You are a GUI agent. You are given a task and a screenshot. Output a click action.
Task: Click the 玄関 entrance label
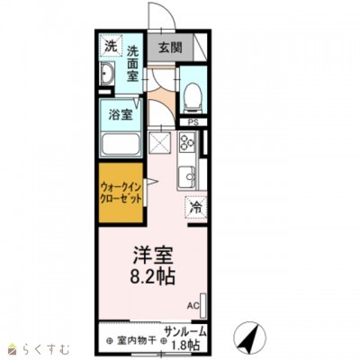click(170, 47)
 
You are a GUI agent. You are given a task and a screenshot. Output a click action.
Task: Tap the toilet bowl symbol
click(193, 96)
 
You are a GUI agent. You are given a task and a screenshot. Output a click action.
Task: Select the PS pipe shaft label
click(193, 122)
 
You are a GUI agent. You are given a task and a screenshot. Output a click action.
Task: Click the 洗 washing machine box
click(112, 46)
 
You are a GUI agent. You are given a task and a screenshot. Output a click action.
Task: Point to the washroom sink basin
click(106, 74)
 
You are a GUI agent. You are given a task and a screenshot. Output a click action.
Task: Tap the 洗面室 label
click(132, 64)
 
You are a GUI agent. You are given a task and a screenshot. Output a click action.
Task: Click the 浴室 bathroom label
click(121, 115)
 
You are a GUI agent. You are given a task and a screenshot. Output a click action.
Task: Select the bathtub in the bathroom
click(121, 145)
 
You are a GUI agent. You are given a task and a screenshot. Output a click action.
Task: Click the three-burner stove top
click(187, 141)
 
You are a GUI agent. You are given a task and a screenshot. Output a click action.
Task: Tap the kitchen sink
click(186, 176)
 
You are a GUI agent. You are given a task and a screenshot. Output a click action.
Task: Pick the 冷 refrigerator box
click(196, 207)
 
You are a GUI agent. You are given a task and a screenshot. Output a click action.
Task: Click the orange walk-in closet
click(121, 193)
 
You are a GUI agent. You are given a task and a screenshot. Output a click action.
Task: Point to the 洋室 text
click(153, 256)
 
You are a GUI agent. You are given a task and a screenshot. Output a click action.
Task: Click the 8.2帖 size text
click(153, 276)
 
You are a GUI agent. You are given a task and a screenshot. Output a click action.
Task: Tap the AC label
click(193, 306)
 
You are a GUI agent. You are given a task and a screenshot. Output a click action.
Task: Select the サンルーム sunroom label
click(185, 332)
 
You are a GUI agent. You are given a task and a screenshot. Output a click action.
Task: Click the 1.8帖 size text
click(184, 345)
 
